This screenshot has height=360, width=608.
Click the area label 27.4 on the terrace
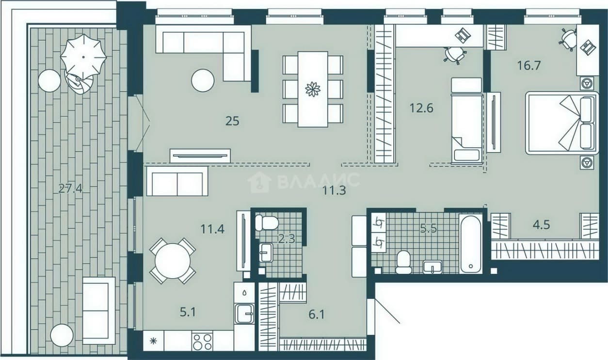(71, 188)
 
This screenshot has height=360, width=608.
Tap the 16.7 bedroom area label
(529, 65)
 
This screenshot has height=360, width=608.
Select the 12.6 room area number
(421, 108)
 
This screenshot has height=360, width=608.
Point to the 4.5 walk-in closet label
(542, 225)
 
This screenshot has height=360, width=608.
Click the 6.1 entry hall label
(317, 314)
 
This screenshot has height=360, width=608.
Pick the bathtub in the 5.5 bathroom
(471, 243)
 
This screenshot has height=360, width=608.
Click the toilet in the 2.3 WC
(267, 223)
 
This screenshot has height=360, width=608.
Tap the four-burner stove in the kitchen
(202, 341)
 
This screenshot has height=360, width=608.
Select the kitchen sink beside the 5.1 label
(244, 314)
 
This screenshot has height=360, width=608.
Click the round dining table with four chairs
(173, 261)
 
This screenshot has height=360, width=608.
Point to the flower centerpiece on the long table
(313, 89)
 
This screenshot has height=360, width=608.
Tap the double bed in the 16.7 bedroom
(562, 123)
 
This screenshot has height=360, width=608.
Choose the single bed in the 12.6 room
(466, 121)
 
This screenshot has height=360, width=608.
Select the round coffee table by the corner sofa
(203, 80)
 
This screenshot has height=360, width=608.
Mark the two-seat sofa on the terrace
(99, 311)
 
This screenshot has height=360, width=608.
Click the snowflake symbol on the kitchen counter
(153, 341)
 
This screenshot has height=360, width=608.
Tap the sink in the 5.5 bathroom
(432, 267)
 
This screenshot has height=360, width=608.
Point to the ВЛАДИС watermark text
(319, 181)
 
